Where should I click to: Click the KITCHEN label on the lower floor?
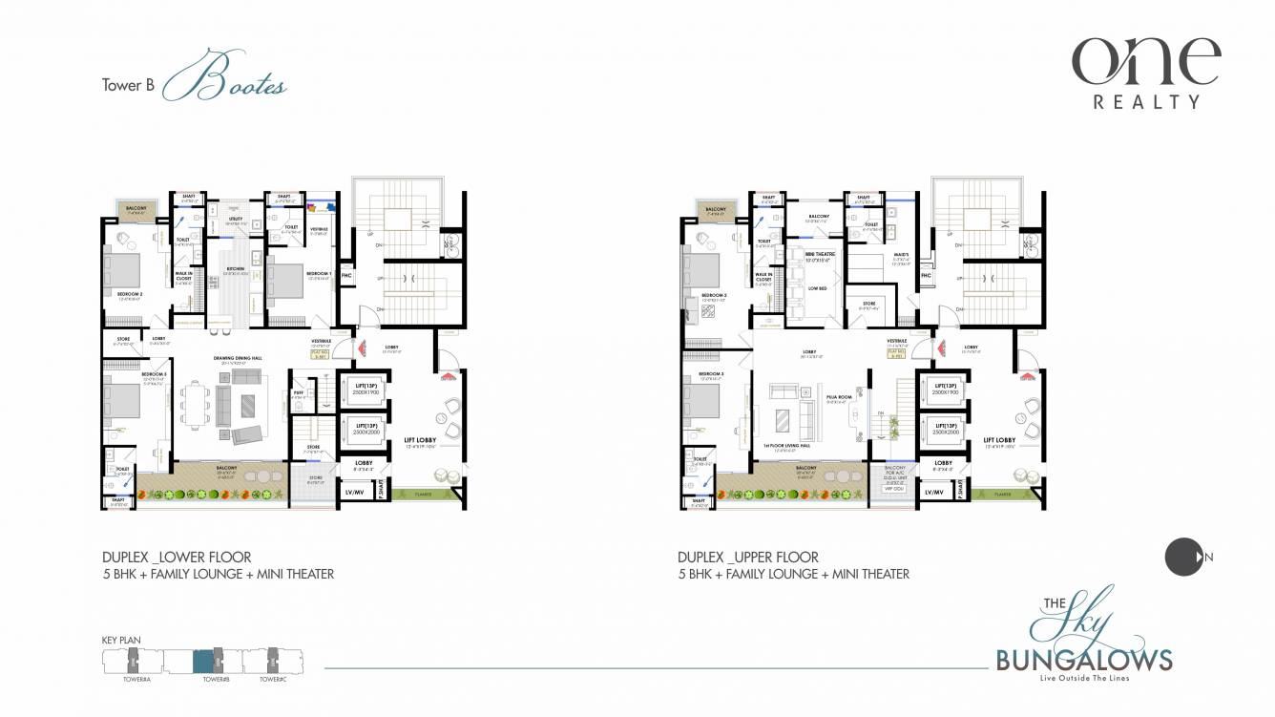pos(235,269)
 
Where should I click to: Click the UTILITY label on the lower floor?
pos(236,219)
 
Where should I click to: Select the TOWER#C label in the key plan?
pos(273,678)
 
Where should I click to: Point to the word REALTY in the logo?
pos(1146,101)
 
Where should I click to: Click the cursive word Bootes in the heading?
pos(225,83)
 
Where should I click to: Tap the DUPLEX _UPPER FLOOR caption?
pos(747,557)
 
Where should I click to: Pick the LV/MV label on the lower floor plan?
pos(355,492)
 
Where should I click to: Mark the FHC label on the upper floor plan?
pos(925,276)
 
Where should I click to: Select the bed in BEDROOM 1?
pos(288,280)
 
